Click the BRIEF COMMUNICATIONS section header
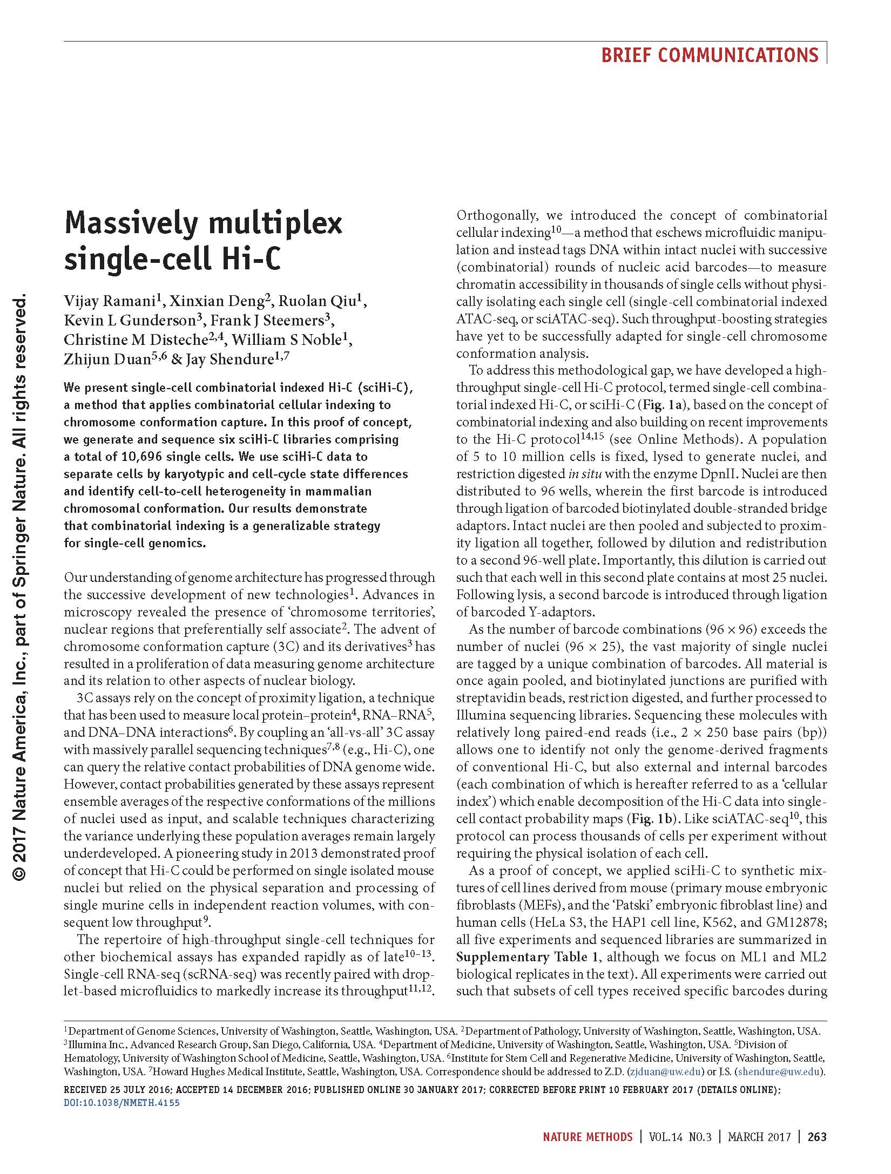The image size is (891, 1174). pyautogui.click(x=710, y=55)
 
